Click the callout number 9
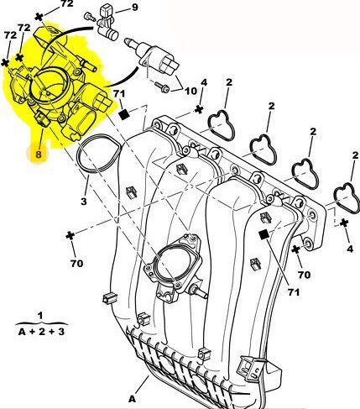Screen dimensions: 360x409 point(135,7)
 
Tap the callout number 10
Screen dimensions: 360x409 point(191,91)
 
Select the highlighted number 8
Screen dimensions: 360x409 point(39,154)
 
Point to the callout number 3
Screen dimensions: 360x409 point(84,201)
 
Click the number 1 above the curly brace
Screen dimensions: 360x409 point(40,316)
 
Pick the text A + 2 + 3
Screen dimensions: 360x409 point(41,332)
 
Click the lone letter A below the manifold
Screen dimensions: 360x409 point(133,399)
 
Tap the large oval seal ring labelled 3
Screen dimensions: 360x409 point(99,154)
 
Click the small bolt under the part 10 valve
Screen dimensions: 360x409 point(162,87)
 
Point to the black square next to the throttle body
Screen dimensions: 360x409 point(124,114)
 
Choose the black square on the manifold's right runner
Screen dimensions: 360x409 point(263,234)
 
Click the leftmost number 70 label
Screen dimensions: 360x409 point(76,264)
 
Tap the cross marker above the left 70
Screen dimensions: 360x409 point(70,236)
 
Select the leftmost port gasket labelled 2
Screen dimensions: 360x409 point(222,125)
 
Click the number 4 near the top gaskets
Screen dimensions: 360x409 point(204,82)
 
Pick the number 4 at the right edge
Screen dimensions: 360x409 point(350,249)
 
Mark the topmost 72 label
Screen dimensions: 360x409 point(66,3)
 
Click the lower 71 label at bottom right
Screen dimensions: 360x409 point(294,292)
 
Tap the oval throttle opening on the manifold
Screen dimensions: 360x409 point(170,262)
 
